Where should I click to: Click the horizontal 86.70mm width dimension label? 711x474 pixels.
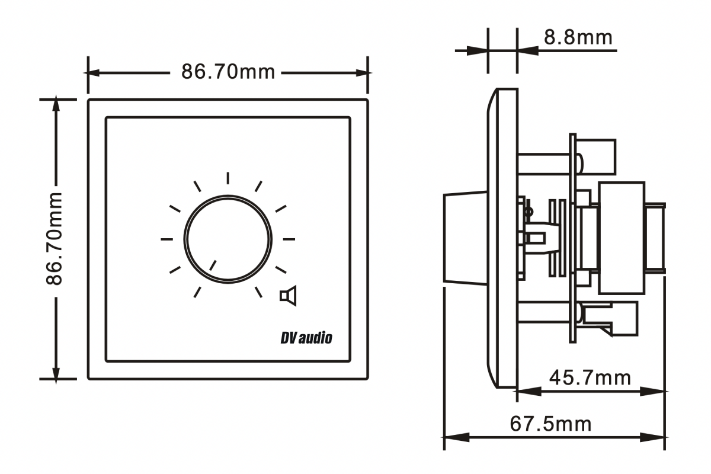tap(228, 72)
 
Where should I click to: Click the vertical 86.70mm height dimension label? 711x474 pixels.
tap(54, 239)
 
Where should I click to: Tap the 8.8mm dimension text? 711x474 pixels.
tap(578, 37)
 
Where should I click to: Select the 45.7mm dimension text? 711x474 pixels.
tap(590, 377)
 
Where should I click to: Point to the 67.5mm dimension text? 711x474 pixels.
tap(550, 424)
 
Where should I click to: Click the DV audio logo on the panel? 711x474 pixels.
tap(306, 338)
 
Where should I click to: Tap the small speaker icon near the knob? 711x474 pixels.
tap(288, 296)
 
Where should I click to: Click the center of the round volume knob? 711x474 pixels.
tap(228, 239)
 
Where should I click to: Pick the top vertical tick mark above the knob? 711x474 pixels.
tap(228, 178)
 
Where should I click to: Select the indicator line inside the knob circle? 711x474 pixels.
tap(213, 265)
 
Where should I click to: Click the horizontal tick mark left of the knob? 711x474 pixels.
tap(167, 239)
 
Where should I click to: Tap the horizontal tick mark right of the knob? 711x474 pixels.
tap(289, 239)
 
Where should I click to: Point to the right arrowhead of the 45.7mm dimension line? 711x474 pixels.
tap(652, 392)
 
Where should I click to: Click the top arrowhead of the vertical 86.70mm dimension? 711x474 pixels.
tap(56, 104)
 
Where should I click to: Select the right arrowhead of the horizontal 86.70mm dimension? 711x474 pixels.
tap(361, 73)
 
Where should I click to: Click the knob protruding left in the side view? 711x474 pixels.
tap(465, 239)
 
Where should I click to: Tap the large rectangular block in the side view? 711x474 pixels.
tap(622, 238)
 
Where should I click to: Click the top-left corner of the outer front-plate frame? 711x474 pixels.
tap(88, 100)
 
